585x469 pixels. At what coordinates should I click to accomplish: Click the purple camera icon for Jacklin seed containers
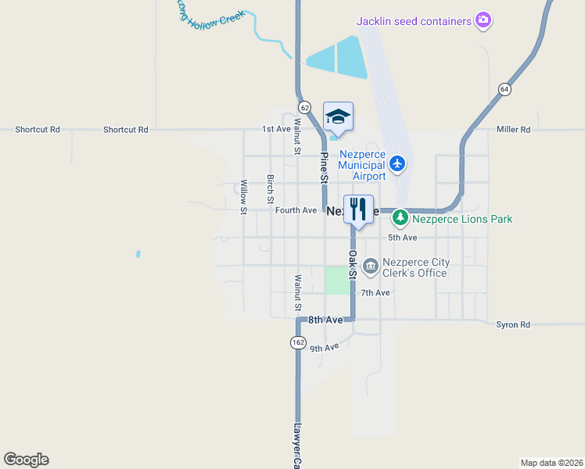coord(483,21)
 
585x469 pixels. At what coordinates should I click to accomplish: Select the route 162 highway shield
coord(298,342)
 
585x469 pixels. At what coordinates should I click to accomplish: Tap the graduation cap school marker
coord(338,117)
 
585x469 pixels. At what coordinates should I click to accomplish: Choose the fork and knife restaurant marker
coord(358,209)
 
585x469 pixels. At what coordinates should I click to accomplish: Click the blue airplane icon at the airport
coord(398,163)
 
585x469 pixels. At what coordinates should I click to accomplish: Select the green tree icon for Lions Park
coord(400,217)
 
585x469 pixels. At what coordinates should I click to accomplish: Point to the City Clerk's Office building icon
coord(370,267)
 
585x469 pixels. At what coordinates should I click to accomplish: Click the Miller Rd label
coord(514,129)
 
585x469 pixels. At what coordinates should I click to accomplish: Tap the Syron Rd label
coord(513,324)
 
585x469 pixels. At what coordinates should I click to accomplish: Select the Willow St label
coord(244,196)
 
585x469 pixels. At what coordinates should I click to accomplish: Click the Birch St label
coord(270,189)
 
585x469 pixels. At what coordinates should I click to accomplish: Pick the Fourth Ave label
coord(296,210)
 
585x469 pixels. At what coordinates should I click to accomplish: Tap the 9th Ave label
coord(324,348)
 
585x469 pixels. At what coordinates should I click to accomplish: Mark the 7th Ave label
coord(375,292)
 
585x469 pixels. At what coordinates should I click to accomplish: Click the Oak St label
coord(352,264)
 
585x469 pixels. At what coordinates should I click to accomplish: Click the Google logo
coord(26,460)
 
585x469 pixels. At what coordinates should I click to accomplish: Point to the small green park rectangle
coord(338,281)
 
